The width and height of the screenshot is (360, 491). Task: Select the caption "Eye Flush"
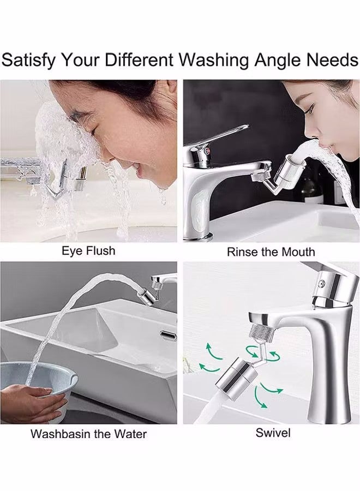coord(88,251)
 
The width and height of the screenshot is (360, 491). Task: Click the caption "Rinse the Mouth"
coord(271,252)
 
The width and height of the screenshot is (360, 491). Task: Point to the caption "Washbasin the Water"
coord(88,434)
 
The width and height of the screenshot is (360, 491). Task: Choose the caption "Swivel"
coord(273,433)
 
